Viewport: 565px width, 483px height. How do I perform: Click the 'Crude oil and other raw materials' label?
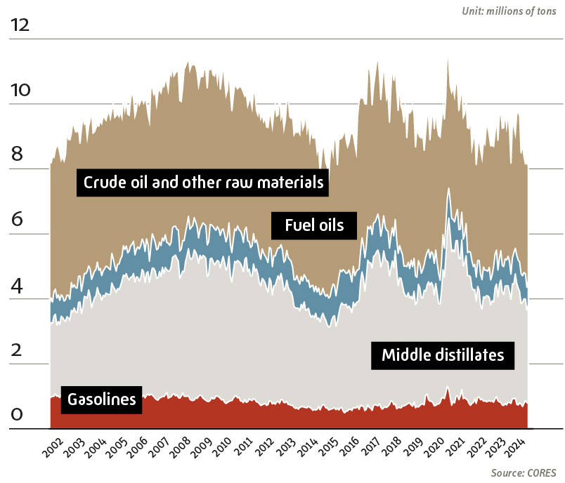203,183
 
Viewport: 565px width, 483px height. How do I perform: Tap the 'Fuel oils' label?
314,225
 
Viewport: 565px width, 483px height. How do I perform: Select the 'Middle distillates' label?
443,355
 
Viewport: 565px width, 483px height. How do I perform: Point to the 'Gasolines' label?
101,400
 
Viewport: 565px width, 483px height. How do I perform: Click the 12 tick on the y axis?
20,25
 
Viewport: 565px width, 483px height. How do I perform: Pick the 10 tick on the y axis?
20,90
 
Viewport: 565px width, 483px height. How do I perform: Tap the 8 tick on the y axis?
16,155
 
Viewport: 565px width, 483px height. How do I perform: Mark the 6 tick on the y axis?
16,220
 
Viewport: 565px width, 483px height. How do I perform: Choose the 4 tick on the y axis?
16,285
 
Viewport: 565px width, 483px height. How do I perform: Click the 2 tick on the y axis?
16,350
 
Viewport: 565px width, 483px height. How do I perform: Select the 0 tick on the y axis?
16,415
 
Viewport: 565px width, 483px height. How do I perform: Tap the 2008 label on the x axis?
181,446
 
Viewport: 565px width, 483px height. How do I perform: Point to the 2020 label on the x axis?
437,446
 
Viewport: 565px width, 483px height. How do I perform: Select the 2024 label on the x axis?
522,446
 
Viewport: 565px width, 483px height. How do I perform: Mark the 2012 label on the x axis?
266,446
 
